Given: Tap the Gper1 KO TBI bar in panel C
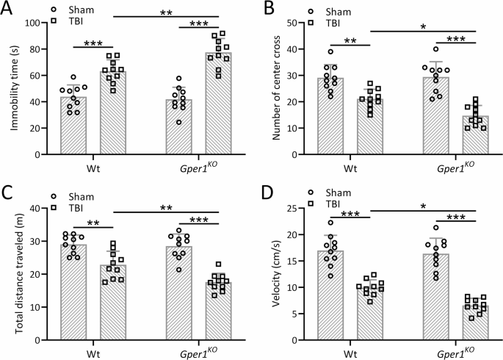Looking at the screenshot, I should pyautogui.click(x=220, y=311).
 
